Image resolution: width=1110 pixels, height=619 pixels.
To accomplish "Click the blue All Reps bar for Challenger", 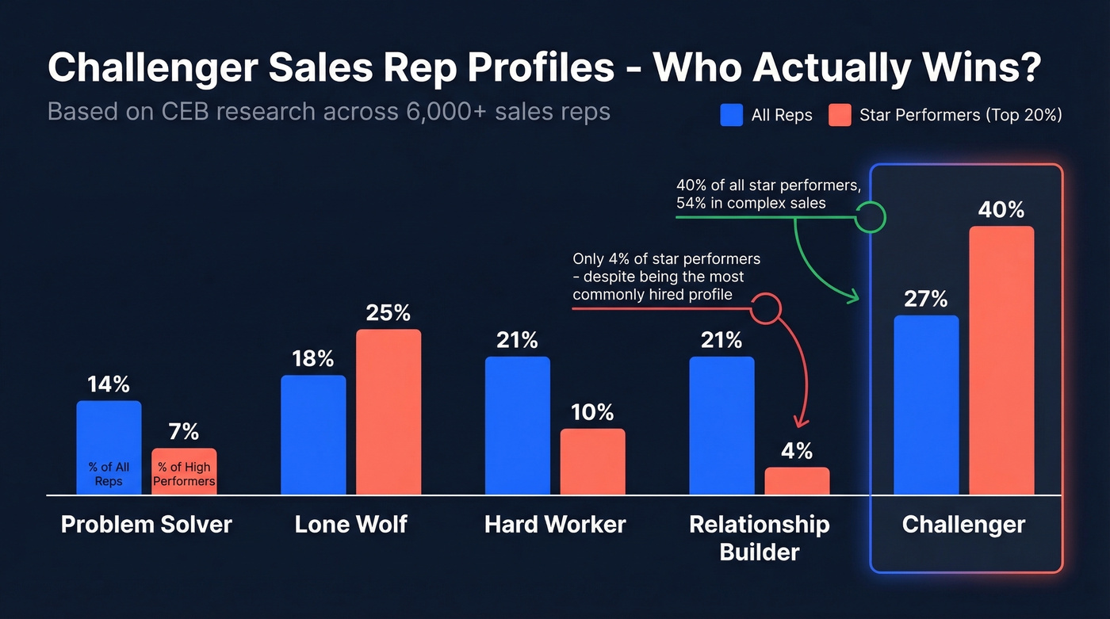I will [x=926, y=405].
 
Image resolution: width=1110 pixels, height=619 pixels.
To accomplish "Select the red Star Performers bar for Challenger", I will [x=1001, y=361].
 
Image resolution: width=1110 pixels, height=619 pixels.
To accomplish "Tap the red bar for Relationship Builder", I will [x=797, y=481].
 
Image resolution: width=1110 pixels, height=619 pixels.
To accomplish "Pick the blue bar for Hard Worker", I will [x=517, y=426].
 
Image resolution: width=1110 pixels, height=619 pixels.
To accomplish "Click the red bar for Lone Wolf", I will [x=388, y=412].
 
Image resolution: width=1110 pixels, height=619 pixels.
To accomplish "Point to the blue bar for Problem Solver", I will [x=109, y=448].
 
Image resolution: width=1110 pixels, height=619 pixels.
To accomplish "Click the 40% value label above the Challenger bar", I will [x=1001, y=210].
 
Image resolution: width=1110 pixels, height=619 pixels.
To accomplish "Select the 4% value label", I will [x=797, y=451].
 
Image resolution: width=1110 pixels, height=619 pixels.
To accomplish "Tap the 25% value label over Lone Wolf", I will [x=388, y=313].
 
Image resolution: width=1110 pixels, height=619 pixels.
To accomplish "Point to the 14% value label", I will [x=109, y=384].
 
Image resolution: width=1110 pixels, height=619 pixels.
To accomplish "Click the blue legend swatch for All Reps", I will [x=731, y=115].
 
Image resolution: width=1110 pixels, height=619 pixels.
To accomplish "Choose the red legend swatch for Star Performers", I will [x=840, y=115].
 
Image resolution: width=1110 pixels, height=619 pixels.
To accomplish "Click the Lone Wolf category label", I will [x=350, y=524].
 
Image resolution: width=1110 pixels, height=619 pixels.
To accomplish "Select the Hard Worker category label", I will [x=555, y=524].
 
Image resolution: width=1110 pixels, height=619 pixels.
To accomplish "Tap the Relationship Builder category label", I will [x=759, y=537].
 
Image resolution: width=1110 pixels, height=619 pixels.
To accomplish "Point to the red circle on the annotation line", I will [x=765, y=308].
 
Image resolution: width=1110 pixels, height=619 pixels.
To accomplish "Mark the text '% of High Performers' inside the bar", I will [x=184, y=474].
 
